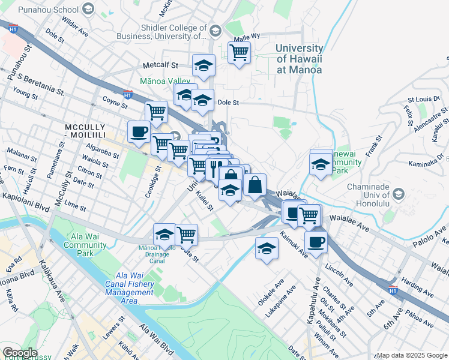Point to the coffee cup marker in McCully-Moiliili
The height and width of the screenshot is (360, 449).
pos(139,132)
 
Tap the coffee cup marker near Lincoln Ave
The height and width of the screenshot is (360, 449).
pos(316,242)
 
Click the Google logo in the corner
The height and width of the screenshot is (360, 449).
pos(20,353)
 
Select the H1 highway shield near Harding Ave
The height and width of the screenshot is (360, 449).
pos(393,290)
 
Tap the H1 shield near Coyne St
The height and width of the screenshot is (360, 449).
pos(127,94)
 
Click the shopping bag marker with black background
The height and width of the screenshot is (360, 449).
pos(255,185)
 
